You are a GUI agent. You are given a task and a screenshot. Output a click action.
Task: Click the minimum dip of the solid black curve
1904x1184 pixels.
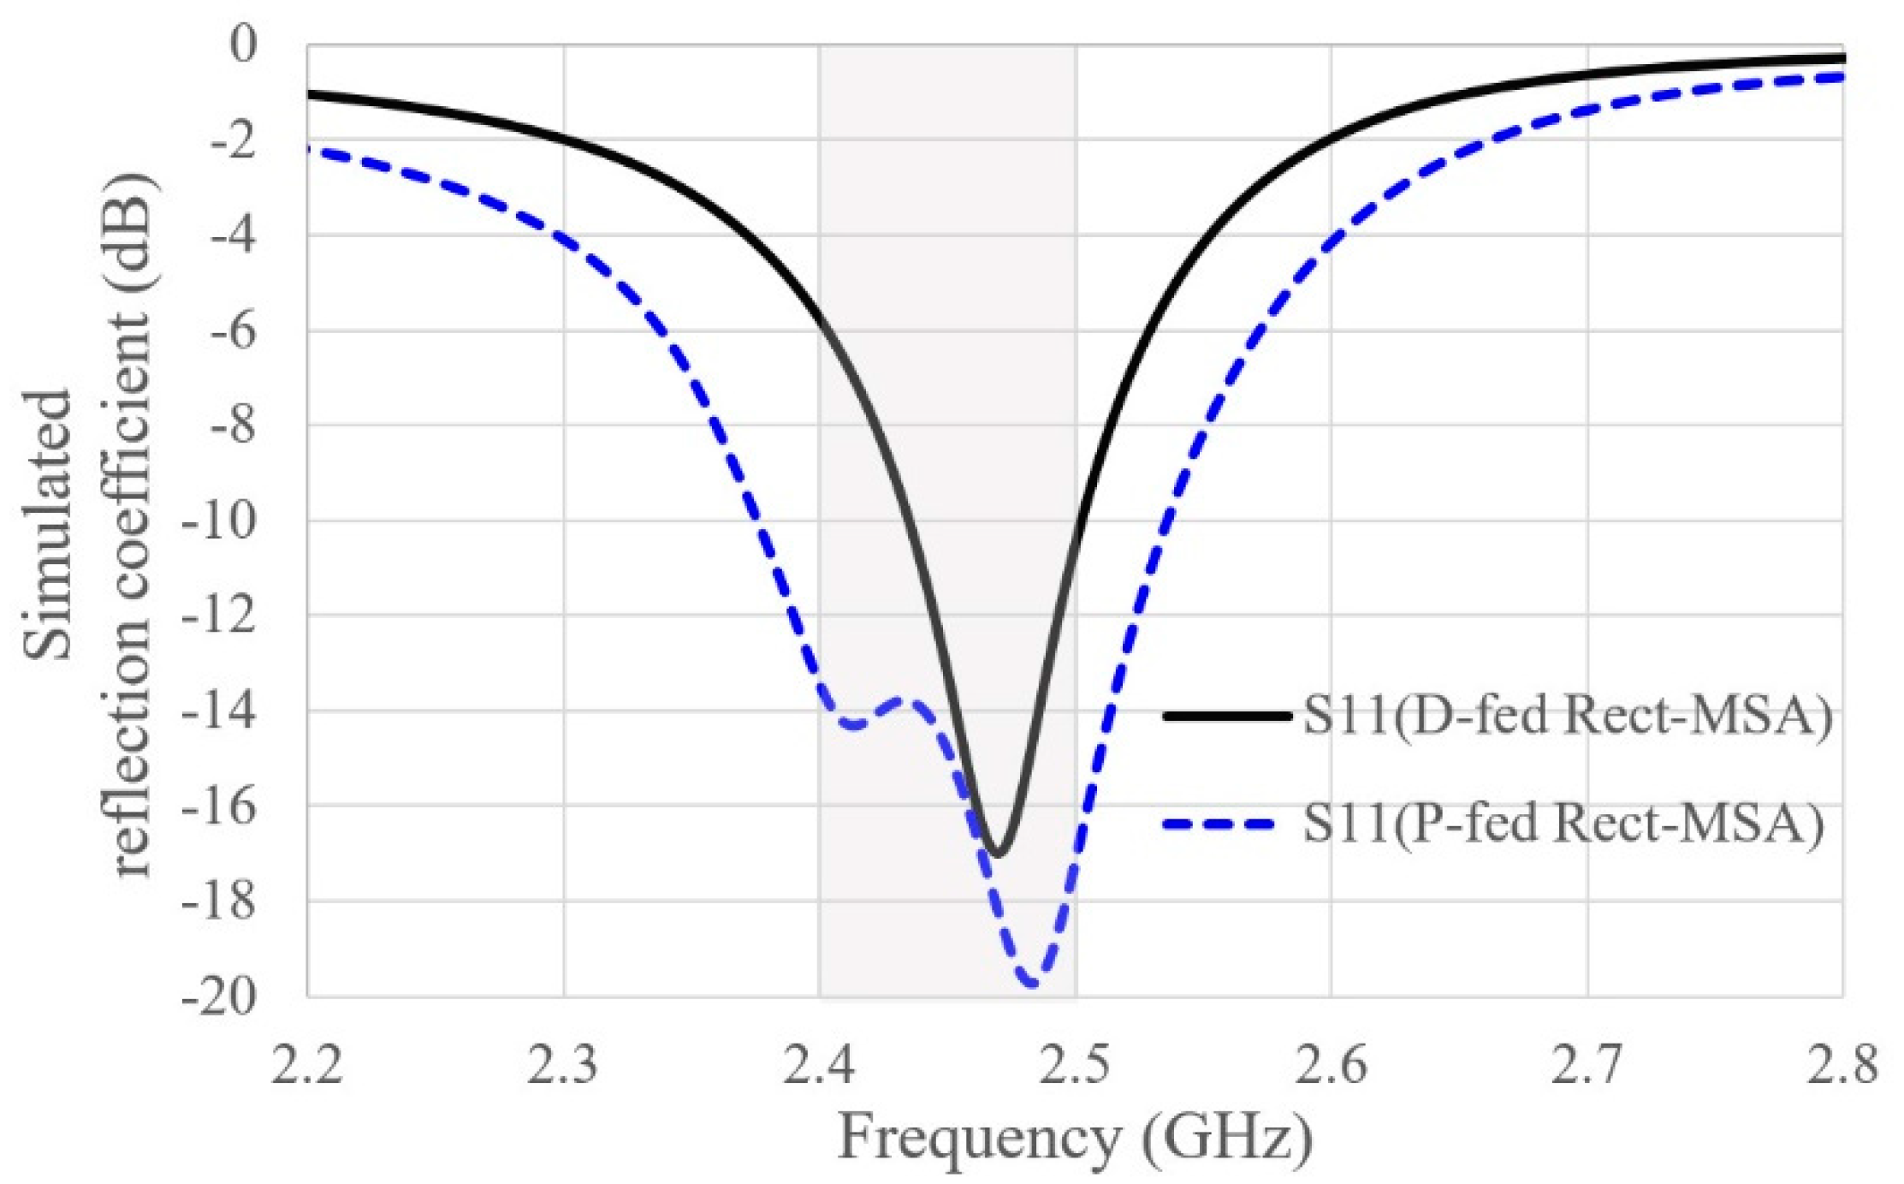tap(998, 853)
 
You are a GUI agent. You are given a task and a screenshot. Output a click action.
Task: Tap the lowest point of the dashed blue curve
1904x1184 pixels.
tap(1033, 985)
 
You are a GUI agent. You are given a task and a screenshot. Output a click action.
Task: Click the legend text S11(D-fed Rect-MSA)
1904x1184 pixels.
tap(1567, 716)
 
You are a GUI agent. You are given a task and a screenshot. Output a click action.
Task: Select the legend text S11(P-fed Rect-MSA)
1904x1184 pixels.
tap(1563, 824)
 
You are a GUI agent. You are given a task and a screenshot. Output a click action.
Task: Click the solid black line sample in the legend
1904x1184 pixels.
tap(1226, 716)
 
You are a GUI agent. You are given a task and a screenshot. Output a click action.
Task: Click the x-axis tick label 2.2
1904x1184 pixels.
tap(307, 1066)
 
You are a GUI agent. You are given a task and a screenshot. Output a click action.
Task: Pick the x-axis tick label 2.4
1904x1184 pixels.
tap(819, 1066)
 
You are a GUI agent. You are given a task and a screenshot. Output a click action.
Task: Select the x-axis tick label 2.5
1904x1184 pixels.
tap(1075, 1066)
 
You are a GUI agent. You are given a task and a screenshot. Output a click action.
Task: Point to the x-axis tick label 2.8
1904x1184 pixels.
tap(1842, 1066)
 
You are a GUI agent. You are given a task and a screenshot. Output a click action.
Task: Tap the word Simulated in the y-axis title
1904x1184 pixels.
tap(49, 524)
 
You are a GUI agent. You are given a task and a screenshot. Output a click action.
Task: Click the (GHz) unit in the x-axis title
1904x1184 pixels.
tap(1226, 1138)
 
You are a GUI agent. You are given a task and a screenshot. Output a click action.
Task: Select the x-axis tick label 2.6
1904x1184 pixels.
tap(1331, 1066)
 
